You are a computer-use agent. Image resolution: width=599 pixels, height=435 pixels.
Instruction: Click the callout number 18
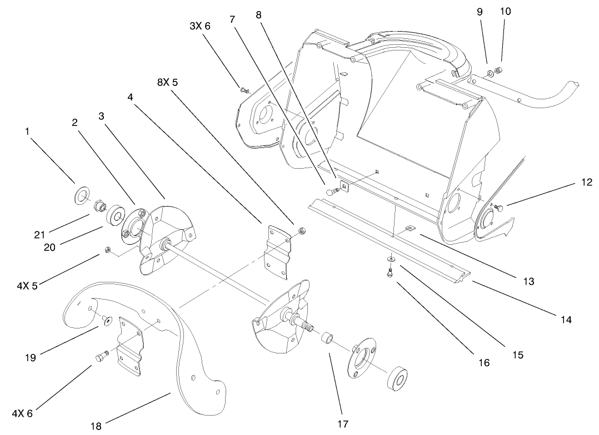(96, 426)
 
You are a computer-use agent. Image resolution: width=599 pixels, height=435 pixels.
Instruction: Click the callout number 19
(30, 357)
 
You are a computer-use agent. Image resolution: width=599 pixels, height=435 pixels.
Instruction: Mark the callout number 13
(528, 281)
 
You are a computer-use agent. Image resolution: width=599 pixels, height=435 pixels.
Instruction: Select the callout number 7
(233, 19)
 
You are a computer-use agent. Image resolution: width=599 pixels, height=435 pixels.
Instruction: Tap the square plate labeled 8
(345, 187)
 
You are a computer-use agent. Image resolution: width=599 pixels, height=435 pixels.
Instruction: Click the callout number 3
(102, 115)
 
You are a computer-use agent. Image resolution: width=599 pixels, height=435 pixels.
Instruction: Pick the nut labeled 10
(499, 69)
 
